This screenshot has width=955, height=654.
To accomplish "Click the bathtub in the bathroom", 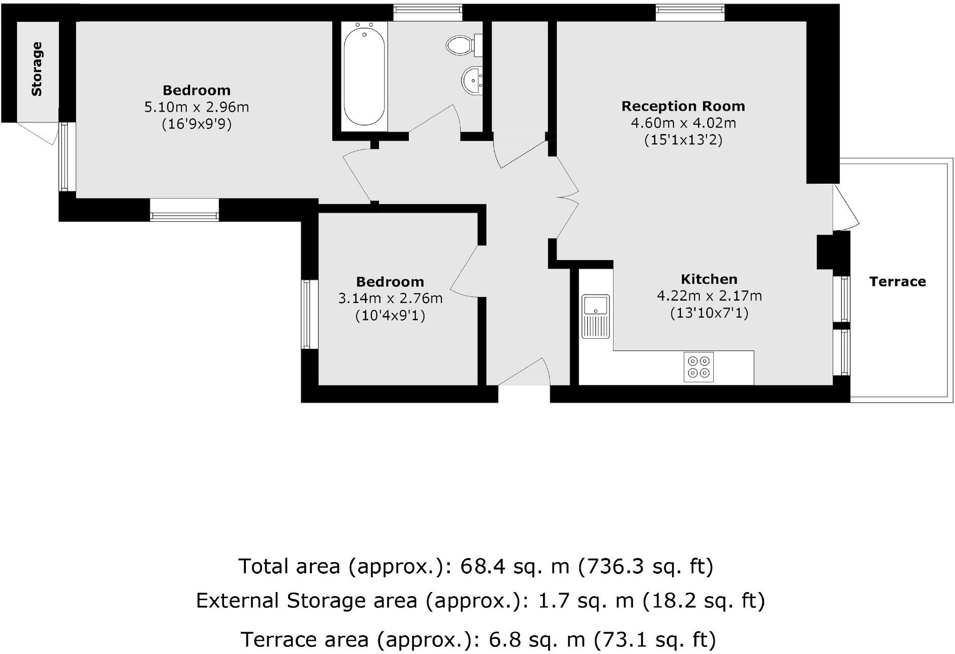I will (364, 75).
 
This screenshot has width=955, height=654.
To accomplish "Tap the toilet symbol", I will (461, 45).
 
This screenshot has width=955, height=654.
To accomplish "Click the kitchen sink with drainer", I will (596, 316).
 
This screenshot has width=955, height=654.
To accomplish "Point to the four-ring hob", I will (698, 367).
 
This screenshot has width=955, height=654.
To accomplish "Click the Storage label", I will (37, 69).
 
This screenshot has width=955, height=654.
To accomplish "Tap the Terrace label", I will (897, 282).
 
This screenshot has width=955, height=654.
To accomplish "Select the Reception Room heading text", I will (683, 106).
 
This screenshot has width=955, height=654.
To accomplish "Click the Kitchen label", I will (709, 279).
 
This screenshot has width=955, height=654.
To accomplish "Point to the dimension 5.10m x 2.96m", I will (197, 107).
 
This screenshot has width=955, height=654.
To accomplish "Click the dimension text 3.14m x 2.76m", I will (390, 298).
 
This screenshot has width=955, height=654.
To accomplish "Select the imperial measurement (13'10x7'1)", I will (709, 313).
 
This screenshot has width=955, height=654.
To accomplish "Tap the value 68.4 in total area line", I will (483, 566).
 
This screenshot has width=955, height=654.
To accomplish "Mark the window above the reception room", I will (690, 13).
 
